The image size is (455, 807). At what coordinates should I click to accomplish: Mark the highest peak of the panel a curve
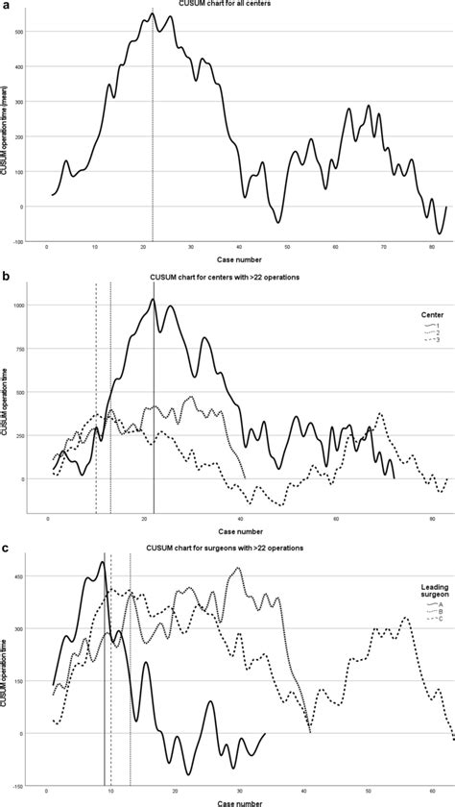point(153,13)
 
